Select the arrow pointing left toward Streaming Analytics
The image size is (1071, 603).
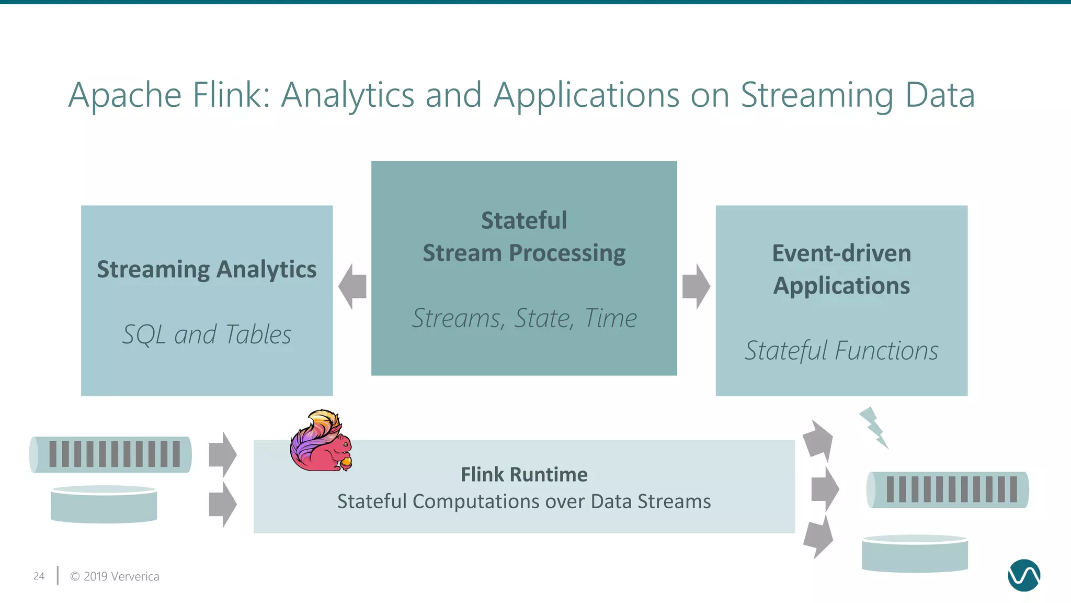pos(352,286)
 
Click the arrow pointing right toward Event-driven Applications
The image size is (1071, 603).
pos(696,286)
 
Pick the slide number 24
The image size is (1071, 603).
pos(39,576)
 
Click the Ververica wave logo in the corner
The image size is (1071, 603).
pos(1023,575)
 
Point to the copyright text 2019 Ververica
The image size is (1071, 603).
pos(115,576)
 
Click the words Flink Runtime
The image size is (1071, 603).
pos(524,475)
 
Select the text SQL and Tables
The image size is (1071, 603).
pos(207,334)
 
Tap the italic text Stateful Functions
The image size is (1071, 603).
pos(841,351)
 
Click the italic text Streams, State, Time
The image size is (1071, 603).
pos(524,318)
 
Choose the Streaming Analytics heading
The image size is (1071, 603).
pos(207,270)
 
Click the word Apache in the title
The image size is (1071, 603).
pos(125,95)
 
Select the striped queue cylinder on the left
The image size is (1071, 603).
pos(110,454)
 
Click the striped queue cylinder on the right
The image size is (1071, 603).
pos(948,489)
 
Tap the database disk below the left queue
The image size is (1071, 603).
pos(104,504)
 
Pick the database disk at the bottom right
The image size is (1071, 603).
pos(915,553)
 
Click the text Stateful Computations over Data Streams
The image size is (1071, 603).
pos(524,501)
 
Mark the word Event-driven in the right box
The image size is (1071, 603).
pos(841,253)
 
